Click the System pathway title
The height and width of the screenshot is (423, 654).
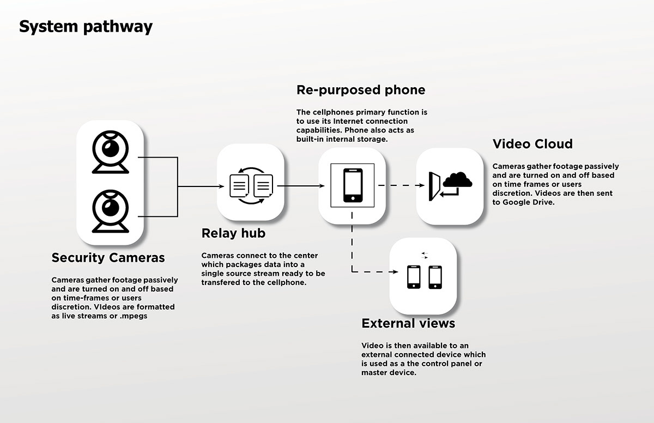[x=86, y=27]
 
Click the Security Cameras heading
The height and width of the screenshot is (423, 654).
[x=108, y=257]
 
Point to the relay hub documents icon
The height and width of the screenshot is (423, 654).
[x=251, y=186]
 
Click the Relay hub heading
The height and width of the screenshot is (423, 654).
[x=233, y=233]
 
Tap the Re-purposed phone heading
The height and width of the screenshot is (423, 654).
[x=361, y=89]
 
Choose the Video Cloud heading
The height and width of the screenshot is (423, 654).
[x=532, y=144]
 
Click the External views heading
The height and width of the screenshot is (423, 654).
[x=408, y=323]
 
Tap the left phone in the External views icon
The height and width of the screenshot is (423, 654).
[x=414, y=277]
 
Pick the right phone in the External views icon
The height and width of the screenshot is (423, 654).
[x=435, y=277]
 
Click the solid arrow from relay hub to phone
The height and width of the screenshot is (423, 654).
[x=300, y=186]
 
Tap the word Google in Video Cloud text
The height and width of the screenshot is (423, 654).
[x=517, y=202]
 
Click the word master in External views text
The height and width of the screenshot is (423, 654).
[x=376, y=373]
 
